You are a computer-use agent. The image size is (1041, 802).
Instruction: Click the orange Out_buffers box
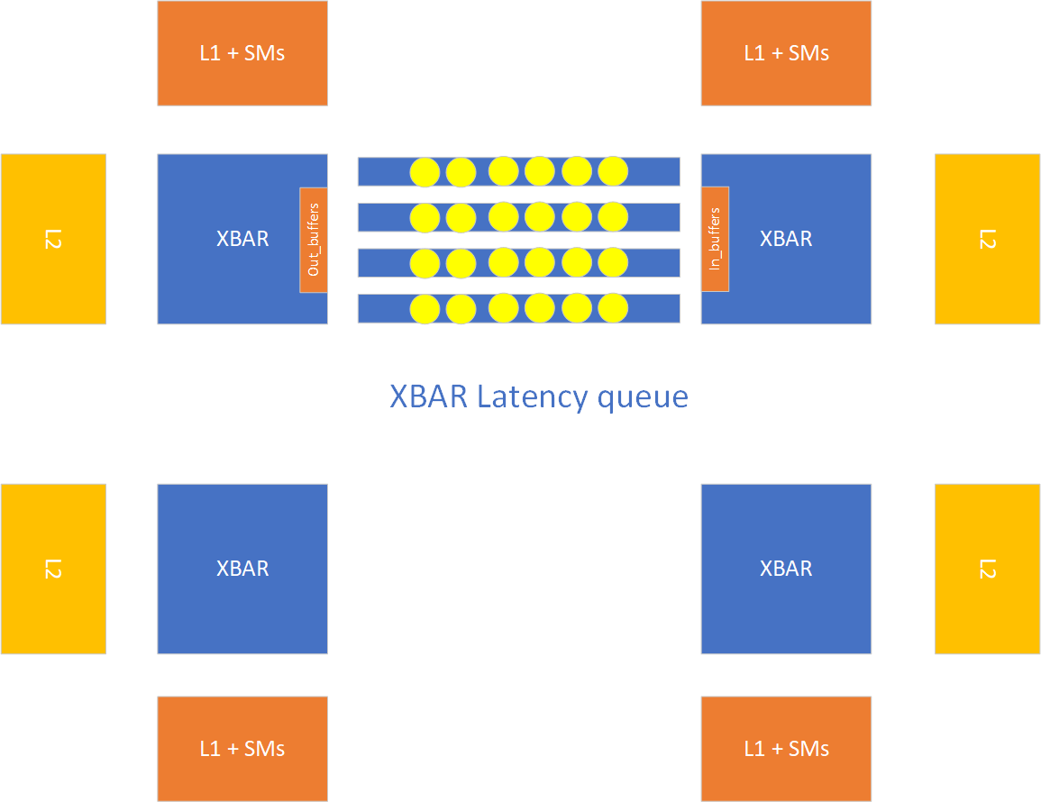(x=314, y=240)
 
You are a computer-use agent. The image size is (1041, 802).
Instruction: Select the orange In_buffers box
(x=715, y=240)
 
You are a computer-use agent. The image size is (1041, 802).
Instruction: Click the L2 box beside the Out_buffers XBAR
(x=53, y=239)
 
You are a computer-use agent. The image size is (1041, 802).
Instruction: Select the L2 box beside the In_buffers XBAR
(x=987, y=239)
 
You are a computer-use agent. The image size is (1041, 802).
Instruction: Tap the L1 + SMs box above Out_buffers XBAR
(x=242, y=53)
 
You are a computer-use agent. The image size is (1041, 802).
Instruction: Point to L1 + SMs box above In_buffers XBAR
(x=786, y=53)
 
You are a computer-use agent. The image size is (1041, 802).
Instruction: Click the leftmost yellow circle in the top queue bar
(x=425, y=171)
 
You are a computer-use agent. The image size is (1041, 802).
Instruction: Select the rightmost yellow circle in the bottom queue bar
(x=613, y=308)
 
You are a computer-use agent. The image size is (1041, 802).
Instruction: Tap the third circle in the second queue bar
(x=504, y=216)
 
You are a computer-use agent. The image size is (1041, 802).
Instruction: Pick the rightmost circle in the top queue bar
(x=613, y=170)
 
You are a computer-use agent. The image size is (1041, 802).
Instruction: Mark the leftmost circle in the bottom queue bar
(x=425, y=309)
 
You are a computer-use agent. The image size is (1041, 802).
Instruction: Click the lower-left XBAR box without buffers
(x=242, y=569)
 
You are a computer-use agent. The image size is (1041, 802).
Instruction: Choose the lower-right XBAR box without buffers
(x=786, y=569)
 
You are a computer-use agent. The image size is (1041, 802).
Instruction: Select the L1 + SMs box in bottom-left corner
(x=242, y=748)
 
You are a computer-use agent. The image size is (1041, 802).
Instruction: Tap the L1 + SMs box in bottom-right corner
(x=786, y=748)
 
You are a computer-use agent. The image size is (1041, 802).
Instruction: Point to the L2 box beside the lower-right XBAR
(x=987, y=569)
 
